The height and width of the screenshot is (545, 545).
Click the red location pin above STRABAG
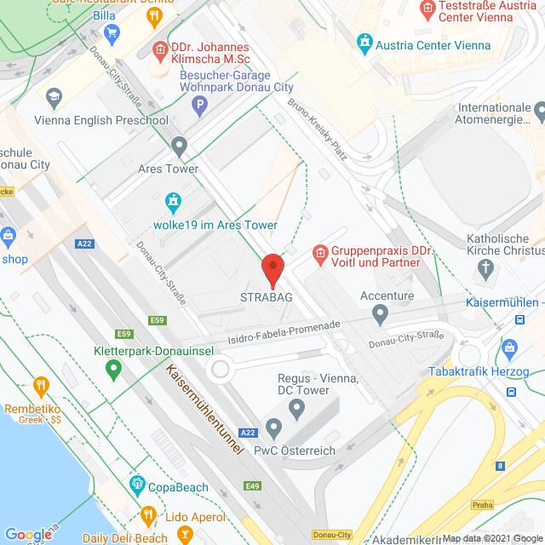click(272, 269)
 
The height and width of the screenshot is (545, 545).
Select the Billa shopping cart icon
click(112, 32)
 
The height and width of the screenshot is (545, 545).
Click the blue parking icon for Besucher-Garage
click(200, 106)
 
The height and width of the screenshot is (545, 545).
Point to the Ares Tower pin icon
click(179, 146)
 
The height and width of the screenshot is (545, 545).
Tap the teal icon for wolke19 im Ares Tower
click(174, 202)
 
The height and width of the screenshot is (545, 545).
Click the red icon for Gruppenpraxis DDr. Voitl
click(320, 253)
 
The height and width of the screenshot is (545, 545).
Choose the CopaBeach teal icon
click(136, 485)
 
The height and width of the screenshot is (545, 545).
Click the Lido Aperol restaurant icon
click(148, 515)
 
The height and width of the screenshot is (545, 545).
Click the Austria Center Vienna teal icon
click(365, 41)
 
